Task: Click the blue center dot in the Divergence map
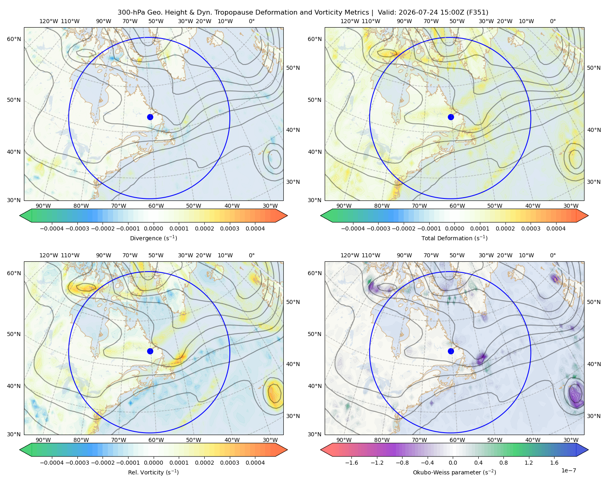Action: coord(150,117)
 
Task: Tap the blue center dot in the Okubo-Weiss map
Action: coord(451,351)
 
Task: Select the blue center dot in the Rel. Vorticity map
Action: coord(150,351)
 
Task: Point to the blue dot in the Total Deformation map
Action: coord(451,117)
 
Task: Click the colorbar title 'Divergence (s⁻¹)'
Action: coord(153,238)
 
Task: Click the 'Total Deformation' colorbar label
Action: coord(447,238)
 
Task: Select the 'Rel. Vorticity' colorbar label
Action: coord(145,472)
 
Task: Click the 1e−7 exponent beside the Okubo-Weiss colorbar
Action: coord(568,470)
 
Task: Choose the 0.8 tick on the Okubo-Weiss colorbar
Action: coord(503,462)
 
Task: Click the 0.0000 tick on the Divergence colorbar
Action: coord(153,228)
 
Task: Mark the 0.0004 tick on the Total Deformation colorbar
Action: coord(556,228)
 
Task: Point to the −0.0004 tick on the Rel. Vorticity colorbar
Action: coord(52,462)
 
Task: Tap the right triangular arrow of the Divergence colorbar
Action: coord(281,215)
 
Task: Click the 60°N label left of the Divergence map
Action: coord(14,39)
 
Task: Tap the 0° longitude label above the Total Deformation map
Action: coord(552,21)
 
